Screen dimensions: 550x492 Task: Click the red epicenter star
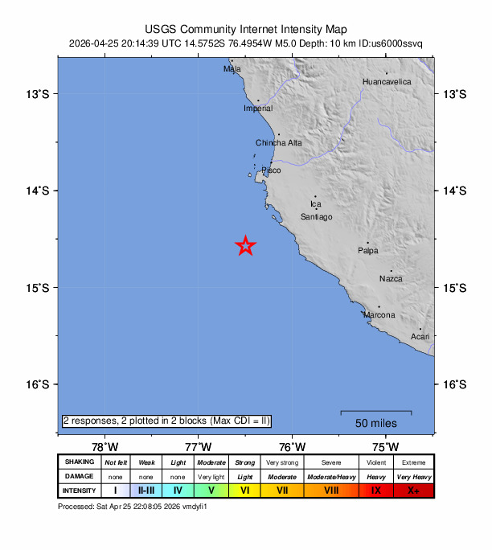pyautogui.click(x=245, y=247)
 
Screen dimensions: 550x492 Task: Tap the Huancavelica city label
pyautogui.click(x=387, y=82)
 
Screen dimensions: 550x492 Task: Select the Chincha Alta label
pyautogui.click(x=279, y=143)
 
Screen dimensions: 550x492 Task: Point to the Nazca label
pyautogui.click(x=391, y=279)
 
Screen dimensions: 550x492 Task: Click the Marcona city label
pyautogui.click(x=379, y=315)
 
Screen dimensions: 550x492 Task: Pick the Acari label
pyautogui.click(x=420, y=336)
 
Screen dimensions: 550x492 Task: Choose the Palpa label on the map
pyautogui.click(x=367, y=251)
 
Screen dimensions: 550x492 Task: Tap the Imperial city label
pyautogui.click(x=258, y=109)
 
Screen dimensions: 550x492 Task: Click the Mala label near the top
pyautogui.click(x=232, y=69)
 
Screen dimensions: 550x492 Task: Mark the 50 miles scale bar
pyautogui.click(x=375, y=413)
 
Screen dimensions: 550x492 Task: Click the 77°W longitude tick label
pyautogui.click(x=199, y=447)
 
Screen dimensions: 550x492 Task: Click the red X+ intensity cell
pyautogui.click(x=414, y=490)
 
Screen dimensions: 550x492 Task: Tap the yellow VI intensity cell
pyautogui.click(x=245, y=490)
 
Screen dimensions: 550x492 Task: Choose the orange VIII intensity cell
pyautogui.click(x=330, y=490)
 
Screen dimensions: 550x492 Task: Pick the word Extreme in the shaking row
pyautogui.click(x=414, y=462)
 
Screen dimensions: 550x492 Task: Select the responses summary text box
pyautogui.click(x=166, y=421)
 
